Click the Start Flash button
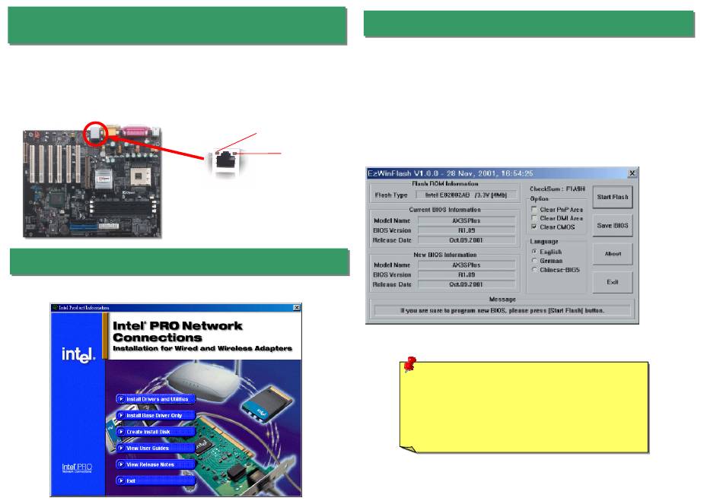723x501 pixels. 612,197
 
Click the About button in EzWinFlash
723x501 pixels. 612,254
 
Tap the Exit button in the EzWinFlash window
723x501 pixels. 612,282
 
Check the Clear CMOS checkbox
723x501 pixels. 534,227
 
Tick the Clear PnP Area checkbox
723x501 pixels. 534,209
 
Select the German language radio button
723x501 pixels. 534,260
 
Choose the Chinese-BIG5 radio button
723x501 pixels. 534,269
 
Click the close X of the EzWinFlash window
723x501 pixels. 631,173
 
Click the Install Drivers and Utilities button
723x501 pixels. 155,398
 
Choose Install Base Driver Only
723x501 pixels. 155,416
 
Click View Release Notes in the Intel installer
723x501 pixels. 149,464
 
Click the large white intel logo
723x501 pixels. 76,355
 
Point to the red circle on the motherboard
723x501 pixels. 97,133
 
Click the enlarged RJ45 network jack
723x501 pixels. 224,160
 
